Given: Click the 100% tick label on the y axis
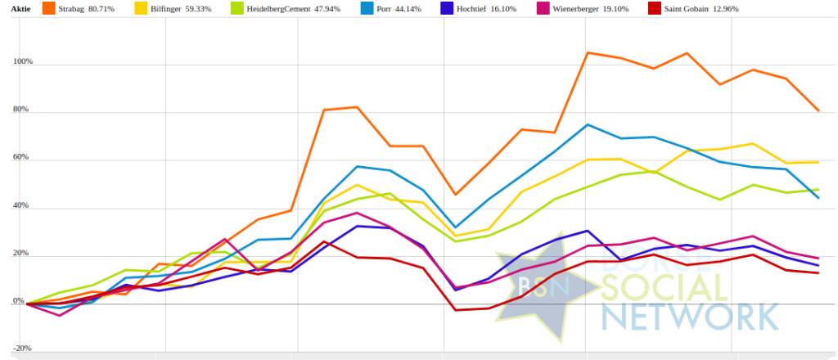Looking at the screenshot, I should point(21,62).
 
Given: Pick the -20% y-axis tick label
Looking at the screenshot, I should point(22,349).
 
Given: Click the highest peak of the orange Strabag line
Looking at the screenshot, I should point(587,52).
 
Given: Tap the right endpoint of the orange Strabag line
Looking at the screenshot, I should point(818,110).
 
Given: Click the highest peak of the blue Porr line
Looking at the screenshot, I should point(587,124).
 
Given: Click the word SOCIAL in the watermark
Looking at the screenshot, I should point(663,288).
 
